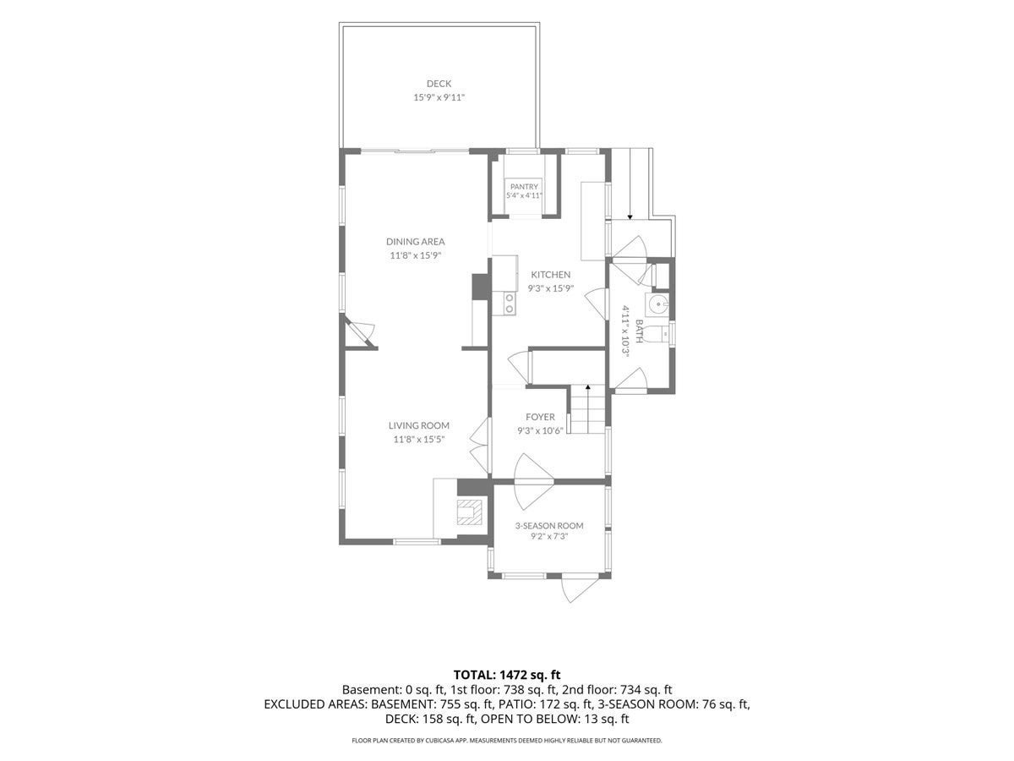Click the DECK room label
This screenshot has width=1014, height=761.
tap(439, 84)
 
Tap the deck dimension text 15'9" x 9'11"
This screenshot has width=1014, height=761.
tap(439, 97)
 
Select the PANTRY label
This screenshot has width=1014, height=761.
tap(524, 187)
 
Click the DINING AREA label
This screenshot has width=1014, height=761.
tap(415, 241)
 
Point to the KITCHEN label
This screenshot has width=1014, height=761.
tap(550, 275)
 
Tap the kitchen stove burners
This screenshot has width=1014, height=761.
tap(509, 303)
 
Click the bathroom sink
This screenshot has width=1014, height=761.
tap(657, 304)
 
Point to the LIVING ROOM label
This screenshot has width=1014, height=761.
tap(418, 425)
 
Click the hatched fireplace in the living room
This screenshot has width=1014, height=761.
tap(469, 512)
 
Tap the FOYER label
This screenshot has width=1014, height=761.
tap(540, 417)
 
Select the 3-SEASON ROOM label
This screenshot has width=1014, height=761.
tap(548, 526)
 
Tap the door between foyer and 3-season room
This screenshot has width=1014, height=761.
tap(533, 481)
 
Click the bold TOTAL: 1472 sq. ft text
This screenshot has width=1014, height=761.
tap(507, 675)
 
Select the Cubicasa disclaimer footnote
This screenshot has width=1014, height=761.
tap(507, 741)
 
